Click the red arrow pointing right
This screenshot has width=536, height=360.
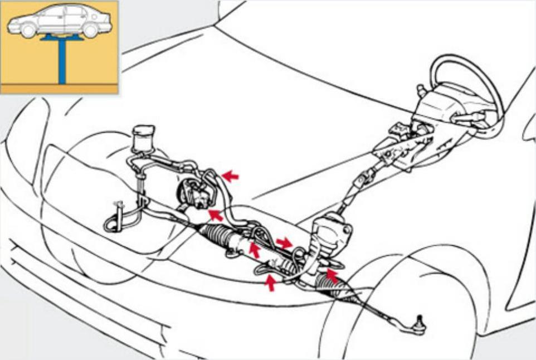tap(284, 242)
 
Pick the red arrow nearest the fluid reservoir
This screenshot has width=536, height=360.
tap(230, 176)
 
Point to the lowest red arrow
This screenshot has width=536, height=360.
tap(271, 283)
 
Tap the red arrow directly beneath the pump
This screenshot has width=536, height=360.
tap(214, 215)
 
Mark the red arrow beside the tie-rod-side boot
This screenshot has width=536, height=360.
tap(332, 274)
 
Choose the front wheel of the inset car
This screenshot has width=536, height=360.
tap(28, 31)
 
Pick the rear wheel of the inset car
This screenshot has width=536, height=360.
tap(89, 30)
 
